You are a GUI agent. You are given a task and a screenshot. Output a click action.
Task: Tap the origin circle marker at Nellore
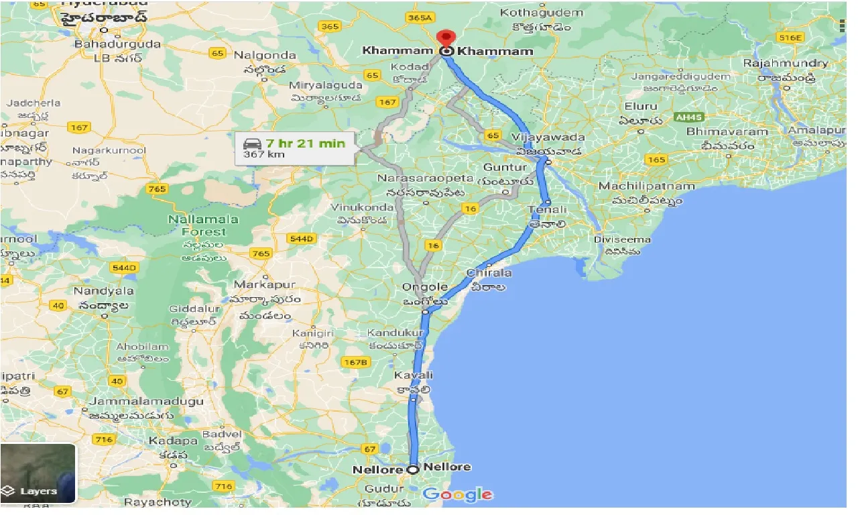(x=413, y=470)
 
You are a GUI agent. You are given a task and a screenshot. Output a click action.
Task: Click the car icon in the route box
(x=251, y=144)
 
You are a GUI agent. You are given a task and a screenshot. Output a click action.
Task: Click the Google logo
(x=458, y=496)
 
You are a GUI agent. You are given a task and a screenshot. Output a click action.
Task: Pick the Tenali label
(x=548, y=210)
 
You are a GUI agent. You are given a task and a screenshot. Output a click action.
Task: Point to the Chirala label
(x=489, y=273)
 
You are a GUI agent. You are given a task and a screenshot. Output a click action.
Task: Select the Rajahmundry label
(x=786, y=63)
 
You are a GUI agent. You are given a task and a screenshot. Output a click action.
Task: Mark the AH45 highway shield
(x=688, y=117)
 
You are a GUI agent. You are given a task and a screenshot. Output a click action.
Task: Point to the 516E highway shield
(x=791, y=38)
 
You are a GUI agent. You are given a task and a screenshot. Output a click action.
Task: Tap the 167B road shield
(x=355, y=362)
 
